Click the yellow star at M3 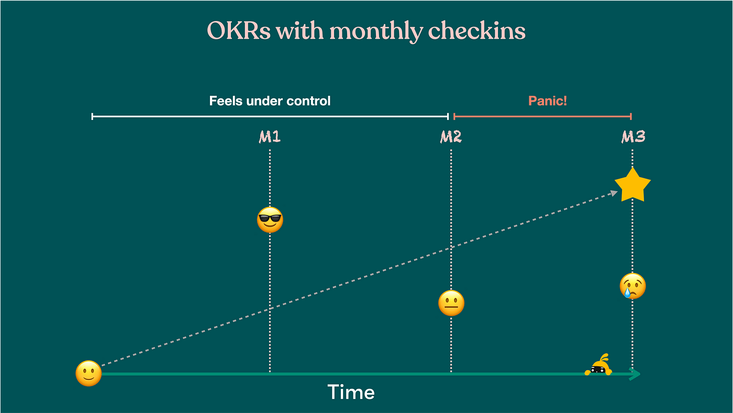tap(632, 185)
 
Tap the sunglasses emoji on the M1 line tap(270, 220)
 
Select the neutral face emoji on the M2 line tap(451, 303)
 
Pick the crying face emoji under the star tap(633, 286)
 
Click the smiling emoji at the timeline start tap(88, 374)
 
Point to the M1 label tap(270, 137)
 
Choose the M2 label tap(451, 137)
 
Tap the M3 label tap(633, 137)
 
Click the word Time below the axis tap(351, 392)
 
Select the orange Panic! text tap(547, 101)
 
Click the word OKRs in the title tap(239, 31)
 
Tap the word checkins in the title tap(476, 31)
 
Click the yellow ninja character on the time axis tap(599, 366)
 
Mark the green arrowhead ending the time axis tap(635, 374)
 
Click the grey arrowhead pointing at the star tap(614, 193)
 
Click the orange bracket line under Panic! tap(542, 116)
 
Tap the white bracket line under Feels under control tap(270, 116)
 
